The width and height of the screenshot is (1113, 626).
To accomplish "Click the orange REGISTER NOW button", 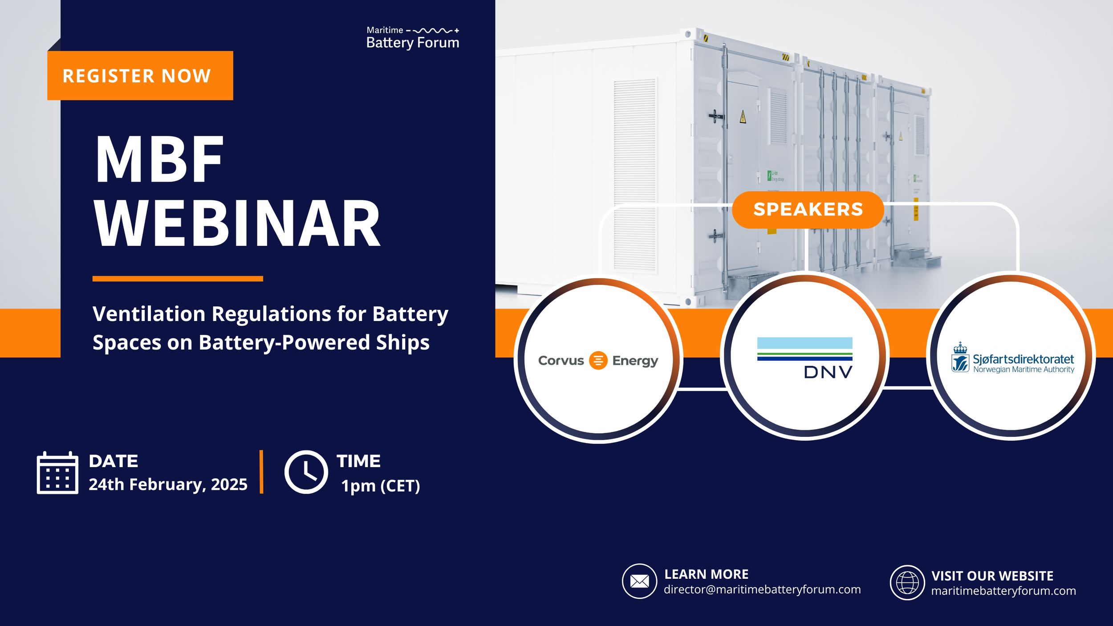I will pos(140,76).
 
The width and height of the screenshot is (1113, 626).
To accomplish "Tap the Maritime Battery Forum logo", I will pos(413,37).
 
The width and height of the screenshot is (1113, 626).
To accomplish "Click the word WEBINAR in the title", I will pos(237,224).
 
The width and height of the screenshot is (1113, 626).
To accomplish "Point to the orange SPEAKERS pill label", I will pos(808,210).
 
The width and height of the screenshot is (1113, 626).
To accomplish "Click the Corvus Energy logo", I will pos(598,360).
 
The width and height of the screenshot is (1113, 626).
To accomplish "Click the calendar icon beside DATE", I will pos(57,472).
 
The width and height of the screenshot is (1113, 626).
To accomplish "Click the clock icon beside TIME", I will pos(306,472).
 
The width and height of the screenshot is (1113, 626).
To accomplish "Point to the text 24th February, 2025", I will pos(168,484).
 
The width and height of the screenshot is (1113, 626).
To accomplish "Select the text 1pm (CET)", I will pos(380,486).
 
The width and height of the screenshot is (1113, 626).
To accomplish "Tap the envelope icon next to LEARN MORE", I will pos(639,581).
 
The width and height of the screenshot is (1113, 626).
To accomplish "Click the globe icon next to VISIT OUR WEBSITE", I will pos(907,582).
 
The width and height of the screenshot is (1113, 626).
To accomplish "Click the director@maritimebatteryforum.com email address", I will pos(762,589).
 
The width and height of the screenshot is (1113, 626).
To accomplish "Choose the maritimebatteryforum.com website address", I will pos(1003,591).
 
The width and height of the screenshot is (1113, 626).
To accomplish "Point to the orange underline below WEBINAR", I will pos(178,279).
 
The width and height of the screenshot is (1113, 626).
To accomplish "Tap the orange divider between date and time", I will pos(261,472).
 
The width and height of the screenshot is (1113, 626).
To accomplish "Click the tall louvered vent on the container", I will pos(634,174).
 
